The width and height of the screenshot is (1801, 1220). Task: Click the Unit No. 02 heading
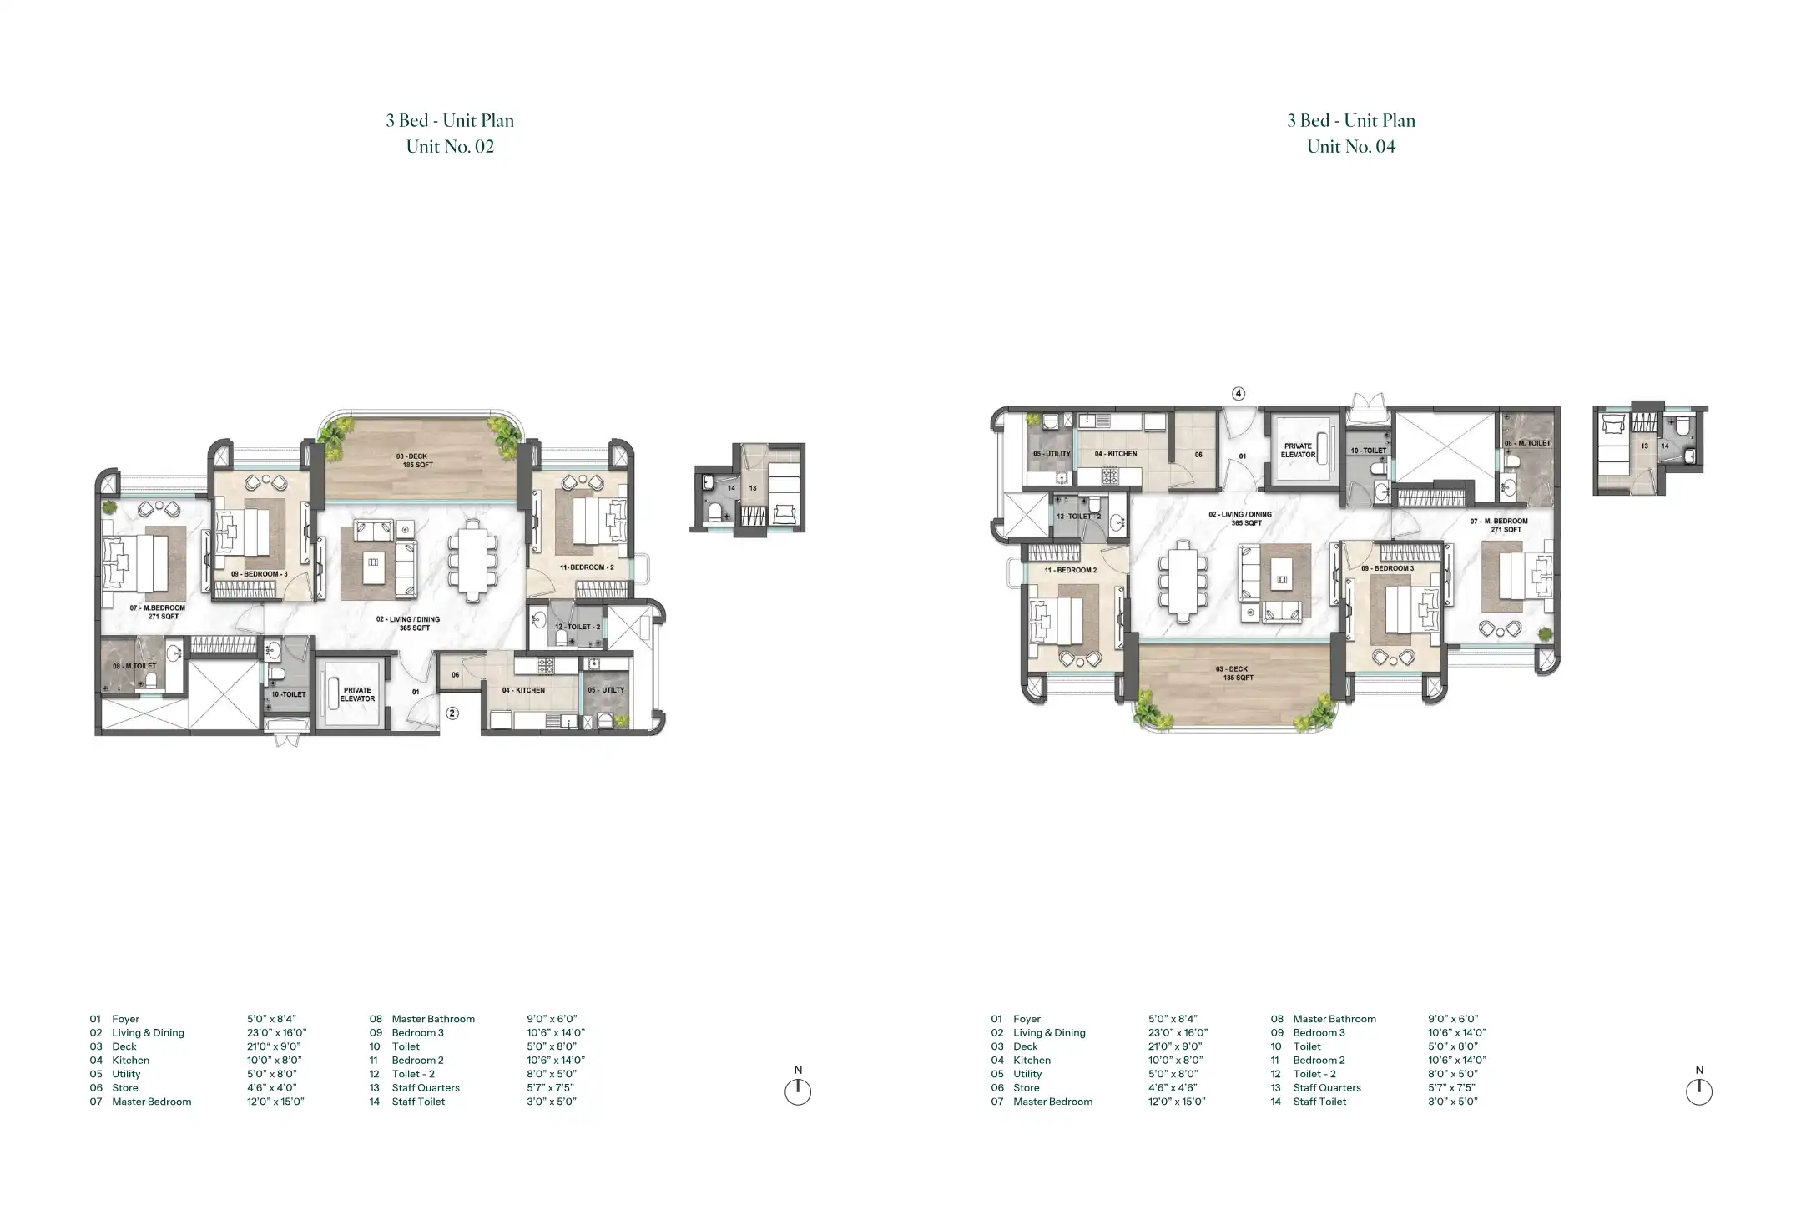point(450,147)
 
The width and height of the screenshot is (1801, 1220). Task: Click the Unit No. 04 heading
point(1351,147)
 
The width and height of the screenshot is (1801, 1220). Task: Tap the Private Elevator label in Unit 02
point(357,694)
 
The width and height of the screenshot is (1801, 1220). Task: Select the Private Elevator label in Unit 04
point(1298,451)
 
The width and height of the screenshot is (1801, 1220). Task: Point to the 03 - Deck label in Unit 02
point(414,461)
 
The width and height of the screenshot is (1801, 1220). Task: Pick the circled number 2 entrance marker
point(452,713)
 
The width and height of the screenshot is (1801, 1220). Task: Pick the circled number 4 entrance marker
point(1239,393)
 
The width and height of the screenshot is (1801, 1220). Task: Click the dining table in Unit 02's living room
point(473,559)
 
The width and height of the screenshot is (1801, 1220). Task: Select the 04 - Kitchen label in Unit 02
point(523,691)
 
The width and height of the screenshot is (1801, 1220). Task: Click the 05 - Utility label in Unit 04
point(1052,454)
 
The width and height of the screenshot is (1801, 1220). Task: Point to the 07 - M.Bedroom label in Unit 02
point(158,613)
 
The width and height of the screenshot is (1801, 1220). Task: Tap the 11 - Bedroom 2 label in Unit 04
point(1071,571)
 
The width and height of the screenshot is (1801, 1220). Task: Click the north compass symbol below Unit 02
point(798,1091)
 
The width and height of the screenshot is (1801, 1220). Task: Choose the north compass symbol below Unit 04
point(1699,1091)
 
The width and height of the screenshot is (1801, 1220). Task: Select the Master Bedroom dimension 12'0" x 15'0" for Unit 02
point(275,1102)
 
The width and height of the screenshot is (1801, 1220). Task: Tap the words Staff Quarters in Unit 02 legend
point(426,1088)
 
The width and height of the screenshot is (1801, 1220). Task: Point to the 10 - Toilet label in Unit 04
point(1368,451)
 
